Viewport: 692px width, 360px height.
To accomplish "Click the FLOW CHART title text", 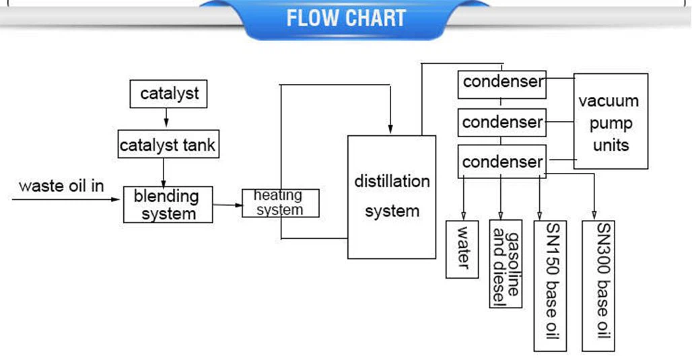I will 346,18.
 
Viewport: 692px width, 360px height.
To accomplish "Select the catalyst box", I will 168,94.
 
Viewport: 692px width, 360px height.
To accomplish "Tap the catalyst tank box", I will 168,144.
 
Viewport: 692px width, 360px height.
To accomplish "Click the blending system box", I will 168,205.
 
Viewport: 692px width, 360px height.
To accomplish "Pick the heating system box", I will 280,203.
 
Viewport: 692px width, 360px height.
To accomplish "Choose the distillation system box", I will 391,196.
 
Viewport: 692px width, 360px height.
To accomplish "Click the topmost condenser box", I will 501,82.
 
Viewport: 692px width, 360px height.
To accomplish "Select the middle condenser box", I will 501,122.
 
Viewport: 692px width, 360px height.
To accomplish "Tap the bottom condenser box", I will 501,162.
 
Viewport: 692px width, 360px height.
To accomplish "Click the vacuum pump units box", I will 611,122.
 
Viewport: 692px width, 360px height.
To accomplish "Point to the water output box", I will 462,248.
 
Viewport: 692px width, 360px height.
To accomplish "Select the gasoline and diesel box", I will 506,263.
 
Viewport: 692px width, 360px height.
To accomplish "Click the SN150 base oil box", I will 550,285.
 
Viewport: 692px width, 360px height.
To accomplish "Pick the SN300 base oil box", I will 598,285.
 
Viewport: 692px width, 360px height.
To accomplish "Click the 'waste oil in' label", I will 61,186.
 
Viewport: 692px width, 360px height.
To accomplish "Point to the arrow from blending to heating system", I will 228,204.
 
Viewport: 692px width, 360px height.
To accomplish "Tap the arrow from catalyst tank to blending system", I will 164,172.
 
